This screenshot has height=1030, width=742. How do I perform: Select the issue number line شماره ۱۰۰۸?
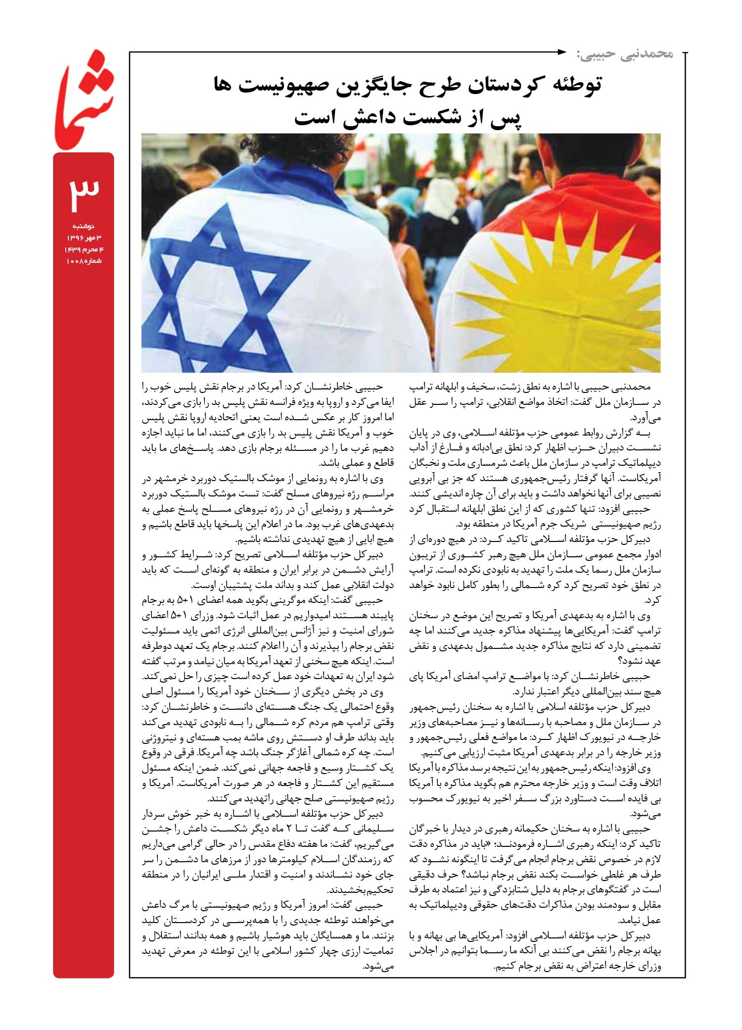click(84, 260)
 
